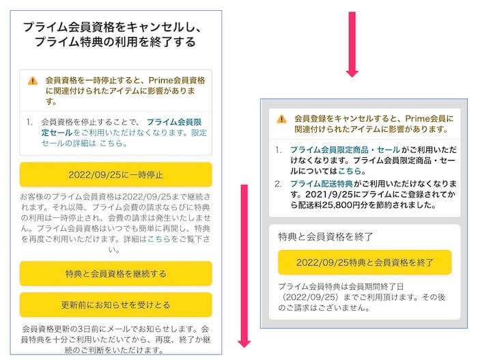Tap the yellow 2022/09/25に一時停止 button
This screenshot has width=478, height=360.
click(x=116, y=174)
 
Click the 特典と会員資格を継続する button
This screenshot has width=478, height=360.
click(x=116, y=273)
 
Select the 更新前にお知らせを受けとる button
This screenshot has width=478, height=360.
click(x=116, y=305)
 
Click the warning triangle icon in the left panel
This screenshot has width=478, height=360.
click(x=33, y=81)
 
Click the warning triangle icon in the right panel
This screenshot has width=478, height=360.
click(x=281, y=119)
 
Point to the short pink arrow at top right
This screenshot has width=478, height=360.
click(x=352, y=44)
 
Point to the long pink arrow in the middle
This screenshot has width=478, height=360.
click(x=244, y=266)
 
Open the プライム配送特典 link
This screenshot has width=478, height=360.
click(x=322, y=184)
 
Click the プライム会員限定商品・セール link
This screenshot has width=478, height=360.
click(x=345, y=150)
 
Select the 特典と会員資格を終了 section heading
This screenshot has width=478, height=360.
click(x=325, y=236)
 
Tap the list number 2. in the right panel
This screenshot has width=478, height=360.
click(x=278, y=184)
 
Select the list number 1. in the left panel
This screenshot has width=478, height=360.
click(x=29, y=122)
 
